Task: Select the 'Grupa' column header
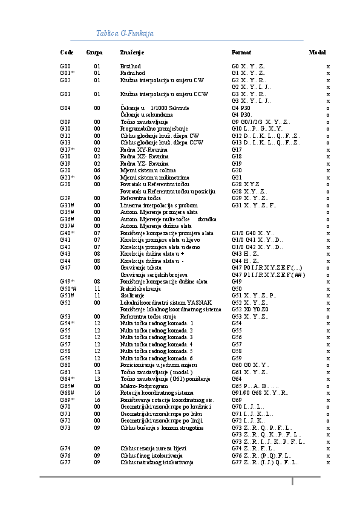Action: (x=94, y=53)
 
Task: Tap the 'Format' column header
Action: (x=241, y=53)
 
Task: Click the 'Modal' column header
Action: (x=317, y=53)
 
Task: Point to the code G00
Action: (x=65, y=66)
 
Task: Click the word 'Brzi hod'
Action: (x=130, y=66)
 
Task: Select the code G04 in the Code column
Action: (x=65, y=108)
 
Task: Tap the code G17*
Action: (x=67, y=149)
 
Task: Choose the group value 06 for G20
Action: (x=97, y=170)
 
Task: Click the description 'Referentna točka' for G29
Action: (x=140, y=198)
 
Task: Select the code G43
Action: (x=65, y=254)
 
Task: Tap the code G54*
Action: (x=67, y=323)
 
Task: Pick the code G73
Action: (x=65, y=427)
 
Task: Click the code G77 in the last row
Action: (x=65, y=462)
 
